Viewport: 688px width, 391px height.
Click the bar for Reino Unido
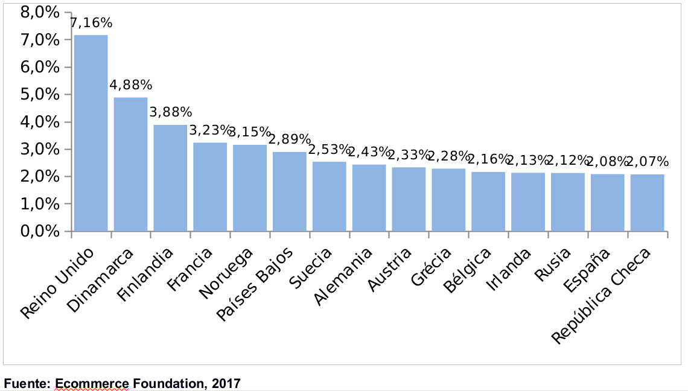[91, 133]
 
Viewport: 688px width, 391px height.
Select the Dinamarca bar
[130, 164]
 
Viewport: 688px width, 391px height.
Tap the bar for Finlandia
[170, 178]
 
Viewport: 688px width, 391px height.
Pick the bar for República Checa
[647, 203]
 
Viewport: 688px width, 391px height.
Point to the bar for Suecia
[329, 196]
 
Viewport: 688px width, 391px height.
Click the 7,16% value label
[91, 24]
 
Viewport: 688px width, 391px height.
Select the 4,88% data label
[131, 85]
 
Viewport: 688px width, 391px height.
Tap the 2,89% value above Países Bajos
[290, 139]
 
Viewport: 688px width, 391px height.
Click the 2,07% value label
[648, 162]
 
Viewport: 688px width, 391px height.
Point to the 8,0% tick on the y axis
[40, 12]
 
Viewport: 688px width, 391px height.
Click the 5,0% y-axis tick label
[40, 95]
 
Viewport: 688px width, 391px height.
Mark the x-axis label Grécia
[430, 267]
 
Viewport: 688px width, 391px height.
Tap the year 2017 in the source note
[226, 383]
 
